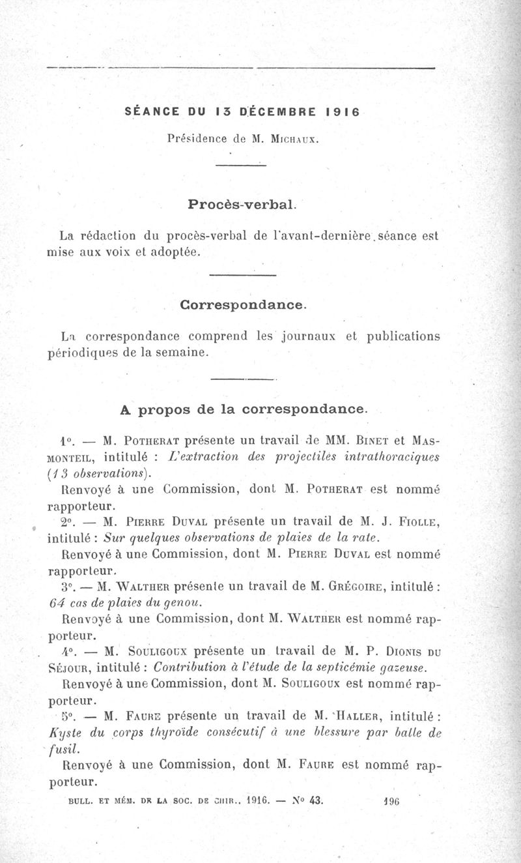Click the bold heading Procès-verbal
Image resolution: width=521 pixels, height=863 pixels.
(x=242, y=204)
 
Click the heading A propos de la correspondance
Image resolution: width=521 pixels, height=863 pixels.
(x=244, y=409)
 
